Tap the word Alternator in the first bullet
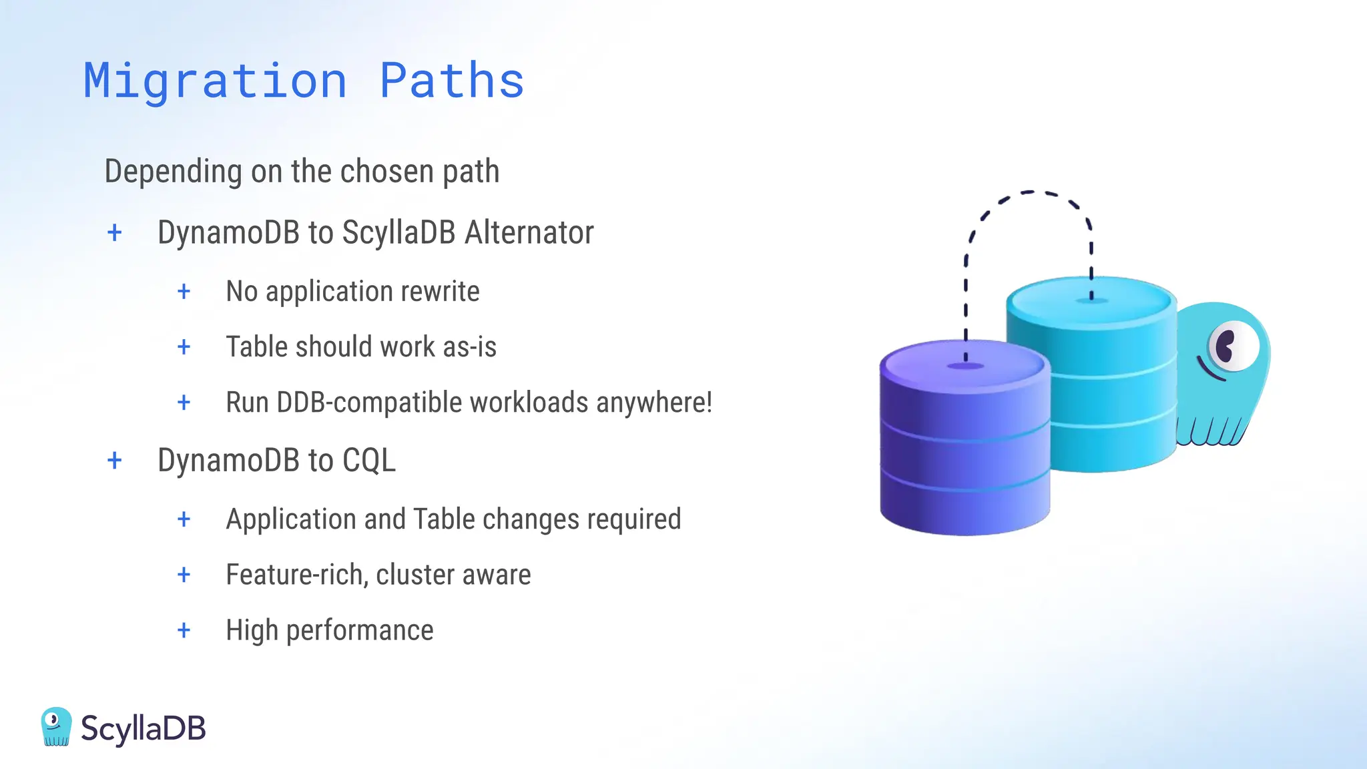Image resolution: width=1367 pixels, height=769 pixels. point(529,233)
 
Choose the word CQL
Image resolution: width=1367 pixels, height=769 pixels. point(368,461)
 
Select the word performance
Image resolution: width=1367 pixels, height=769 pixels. point(360,630)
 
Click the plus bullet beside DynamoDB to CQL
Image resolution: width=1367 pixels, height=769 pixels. point(115,461)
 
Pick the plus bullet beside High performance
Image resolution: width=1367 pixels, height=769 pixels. point(184,630)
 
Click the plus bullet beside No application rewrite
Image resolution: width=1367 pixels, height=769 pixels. point(184,292)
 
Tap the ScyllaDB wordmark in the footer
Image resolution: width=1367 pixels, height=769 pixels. point(143,728)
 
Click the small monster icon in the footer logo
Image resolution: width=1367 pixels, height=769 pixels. point(56,726)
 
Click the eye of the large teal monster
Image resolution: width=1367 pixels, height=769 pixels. point(1231,346)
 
